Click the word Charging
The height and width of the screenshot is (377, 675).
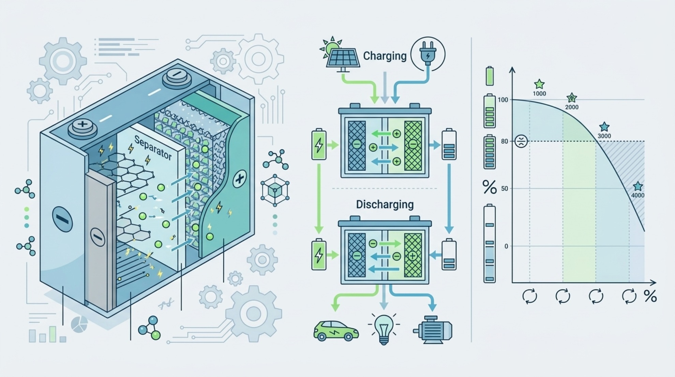[385, 56]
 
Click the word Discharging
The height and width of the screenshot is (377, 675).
[385, 204]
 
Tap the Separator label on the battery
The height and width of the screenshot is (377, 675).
[153, 148]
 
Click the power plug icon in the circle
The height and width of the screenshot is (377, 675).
[428, 54]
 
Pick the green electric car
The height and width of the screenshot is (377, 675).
[336, 331]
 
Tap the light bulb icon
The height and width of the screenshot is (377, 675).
[384, 328]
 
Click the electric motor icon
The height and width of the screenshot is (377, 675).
[433, 330]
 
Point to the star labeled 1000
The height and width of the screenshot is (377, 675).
[539, 84]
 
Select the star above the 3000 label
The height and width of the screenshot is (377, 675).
[604, 127]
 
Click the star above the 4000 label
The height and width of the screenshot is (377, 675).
[637, 186]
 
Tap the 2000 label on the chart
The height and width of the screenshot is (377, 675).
[572, 107]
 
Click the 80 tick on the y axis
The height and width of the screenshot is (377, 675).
[504, 141]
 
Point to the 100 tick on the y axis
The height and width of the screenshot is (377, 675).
[503, 100]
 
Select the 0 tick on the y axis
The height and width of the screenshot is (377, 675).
[506, 246]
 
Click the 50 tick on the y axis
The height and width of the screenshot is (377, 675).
[504, 188]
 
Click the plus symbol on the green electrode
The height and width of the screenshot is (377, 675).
[240, 178]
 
